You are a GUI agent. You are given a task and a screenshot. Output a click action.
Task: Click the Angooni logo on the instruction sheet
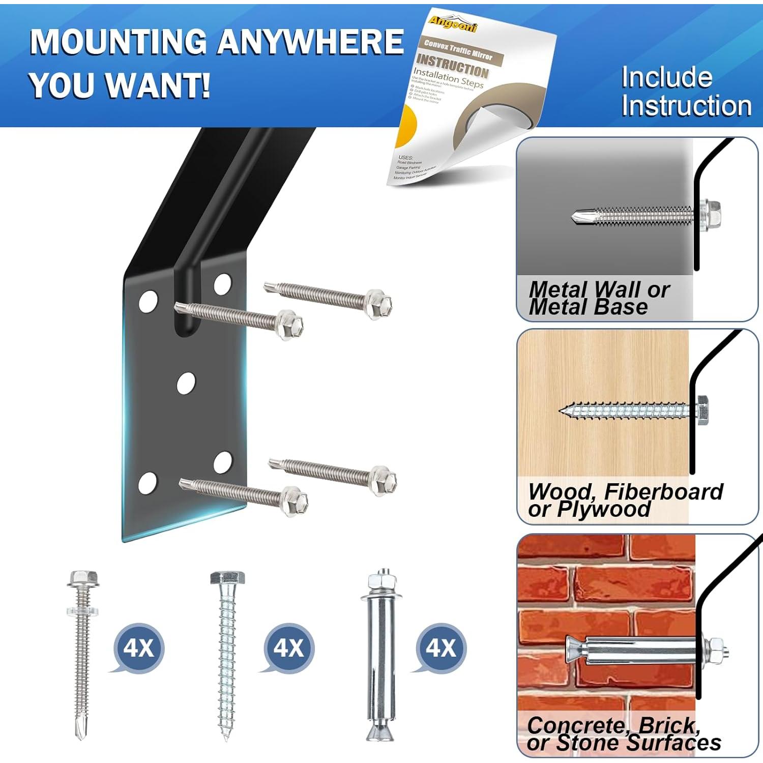click(452, 23)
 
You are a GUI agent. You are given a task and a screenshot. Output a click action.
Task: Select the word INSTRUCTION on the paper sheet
click(452, 67)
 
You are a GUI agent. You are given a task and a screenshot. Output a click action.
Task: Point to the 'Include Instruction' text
click(685, 92)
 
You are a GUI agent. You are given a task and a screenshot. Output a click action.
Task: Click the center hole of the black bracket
click(186, 383)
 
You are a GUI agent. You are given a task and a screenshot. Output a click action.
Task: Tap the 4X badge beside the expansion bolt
click(441, 648)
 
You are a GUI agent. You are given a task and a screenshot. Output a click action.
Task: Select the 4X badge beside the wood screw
click(288, 648)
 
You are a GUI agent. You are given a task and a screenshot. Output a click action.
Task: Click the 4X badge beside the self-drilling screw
click(138, 648)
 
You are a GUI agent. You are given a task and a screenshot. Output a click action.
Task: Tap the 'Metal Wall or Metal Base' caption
click(599, 298)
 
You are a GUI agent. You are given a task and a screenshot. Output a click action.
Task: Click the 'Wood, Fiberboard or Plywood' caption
click(625, 500)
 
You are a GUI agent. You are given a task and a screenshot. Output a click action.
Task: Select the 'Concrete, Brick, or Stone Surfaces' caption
click(623, 733)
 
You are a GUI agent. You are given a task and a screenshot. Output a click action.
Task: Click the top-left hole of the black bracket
click(148, 301)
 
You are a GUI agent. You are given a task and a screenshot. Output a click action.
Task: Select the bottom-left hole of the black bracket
click(147, 483)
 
